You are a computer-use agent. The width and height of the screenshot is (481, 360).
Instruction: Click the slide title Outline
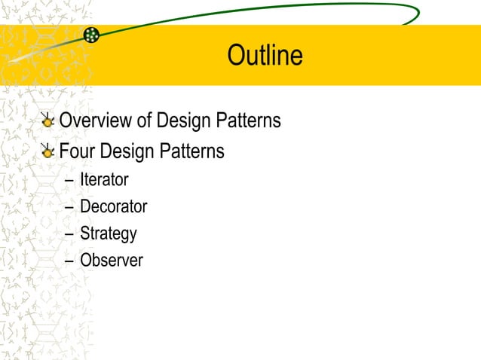point(265,56)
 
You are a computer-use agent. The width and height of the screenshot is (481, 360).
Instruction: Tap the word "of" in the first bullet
point(143,121)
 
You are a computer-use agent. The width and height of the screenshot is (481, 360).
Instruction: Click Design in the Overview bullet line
point(183,121)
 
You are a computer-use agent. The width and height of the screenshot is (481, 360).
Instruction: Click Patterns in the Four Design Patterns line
point(192,151)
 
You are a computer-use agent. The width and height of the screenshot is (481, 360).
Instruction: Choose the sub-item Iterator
point(104,180)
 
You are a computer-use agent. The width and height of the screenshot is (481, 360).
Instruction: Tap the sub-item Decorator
point(113,206)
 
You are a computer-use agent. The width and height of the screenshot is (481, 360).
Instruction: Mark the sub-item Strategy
point(109,233)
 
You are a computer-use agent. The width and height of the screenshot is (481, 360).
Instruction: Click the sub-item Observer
point(112,261)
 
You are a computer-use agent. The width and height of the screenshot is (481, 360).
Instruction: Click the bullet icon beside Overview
point(47,121)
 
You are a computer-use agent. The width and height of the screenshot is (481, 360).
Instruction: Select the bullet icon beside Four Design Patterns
point(47,151)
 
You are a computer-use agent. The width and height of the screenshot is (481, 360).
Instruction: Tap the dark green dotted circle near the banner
point(91,34)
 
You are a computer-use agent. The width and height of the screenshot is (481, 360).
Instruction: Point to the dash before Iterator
point(69,181)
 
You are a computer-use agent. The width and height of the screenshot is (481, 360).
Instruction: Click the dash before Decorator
point(69,207)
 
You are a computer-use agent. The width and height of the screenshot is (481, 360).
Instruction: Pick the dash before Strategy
point(69,234)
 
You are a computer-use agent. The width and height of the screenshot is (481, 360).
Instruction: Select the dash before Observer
point(69,261)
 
